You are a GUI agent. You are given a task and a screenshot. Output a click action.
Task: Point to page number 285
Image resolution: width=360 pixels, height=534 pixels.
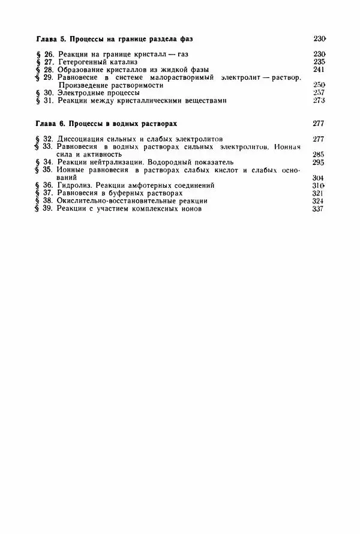click(x=319, y=154)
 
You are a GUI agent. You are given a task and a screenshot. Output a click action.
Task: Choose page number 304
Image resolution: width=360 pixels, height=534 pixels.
click(x=319, y=178)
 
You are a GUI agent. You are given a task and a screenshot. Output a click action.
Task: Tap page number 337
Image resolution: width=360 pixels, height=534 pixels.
click(x=319, y=209)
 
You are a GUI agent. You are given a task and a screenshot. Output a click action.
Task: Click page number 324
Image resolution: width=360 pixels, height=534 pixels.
click(x=319, y=202)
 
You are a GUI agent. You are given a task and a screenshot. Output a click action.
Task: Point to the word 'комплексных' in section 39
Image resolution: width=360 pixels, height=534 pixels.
click(x=158, y=209)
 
